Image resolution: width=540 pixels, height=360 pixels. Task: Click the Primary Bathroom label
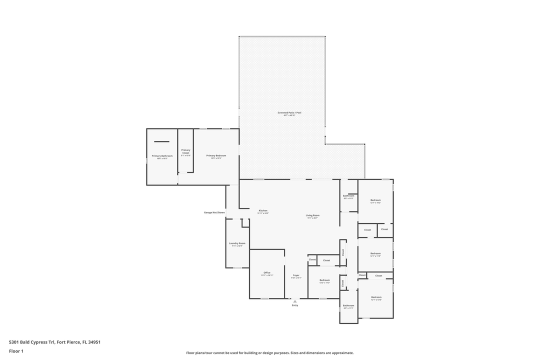coord(162,156)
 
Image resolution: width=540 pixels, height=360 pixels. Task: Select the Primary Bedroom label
coord(216,155)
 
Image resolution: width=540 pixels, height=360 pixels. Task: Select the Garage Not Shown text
coord(214,212)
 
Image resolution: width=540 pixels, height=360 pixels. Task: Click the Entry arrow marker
coord(295,301)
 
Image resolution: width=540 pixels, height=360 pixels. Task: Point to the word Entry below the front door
coord(295,305)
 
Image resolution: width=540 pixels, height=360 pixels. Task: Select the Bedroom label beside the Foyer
coord(324,280)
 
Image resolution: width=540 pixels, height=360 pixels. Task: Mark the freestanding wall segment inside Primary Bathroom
coord(161,142)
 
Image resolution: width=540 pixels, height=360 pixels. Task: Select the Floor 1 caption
coord(16,351)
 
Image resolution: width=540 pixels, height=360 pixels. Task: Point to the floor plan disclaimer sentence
coord(270,353)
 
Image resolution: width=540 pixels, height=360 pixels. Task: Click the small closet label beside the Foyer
coord(312,260)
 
